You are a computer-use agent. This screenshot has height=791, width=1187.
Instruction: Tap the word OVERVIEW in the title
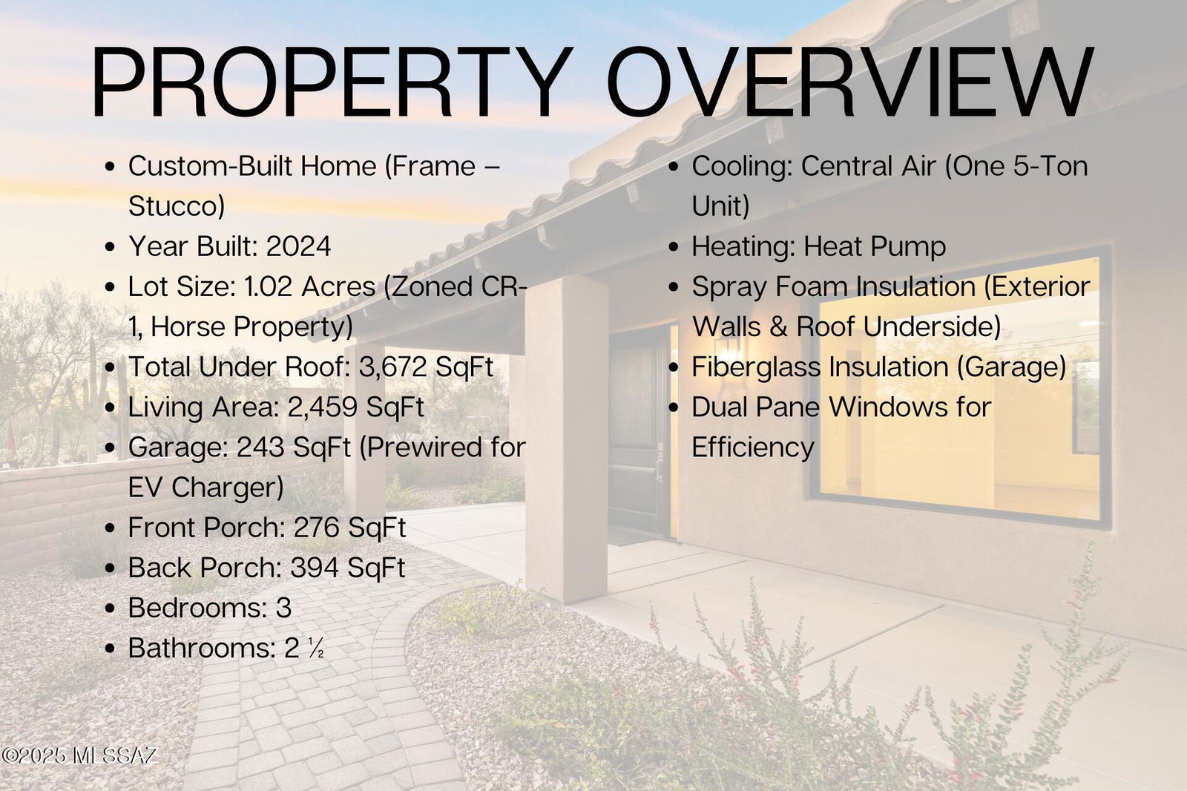850,82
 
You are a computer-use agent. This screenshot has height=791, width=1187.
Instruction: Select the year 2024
298,246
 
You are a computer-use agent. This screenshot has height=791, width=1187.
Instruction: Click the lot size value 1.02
268,287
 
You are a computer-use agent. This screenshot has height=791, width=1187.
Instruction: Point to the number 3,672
392,367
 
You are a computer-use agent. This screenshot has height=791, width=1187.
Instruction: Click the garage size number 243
260,447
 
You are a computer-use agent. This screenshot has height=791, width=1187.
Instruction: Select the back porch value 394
315,568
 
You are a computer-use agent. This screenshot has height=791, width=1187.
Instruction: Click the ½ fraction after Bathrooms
316,649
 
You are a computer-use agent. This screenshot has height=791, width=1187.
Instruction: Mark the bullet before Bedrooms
111,608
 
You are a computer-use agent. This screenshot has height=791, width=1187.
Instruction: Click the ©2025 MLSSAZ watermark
79,755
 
